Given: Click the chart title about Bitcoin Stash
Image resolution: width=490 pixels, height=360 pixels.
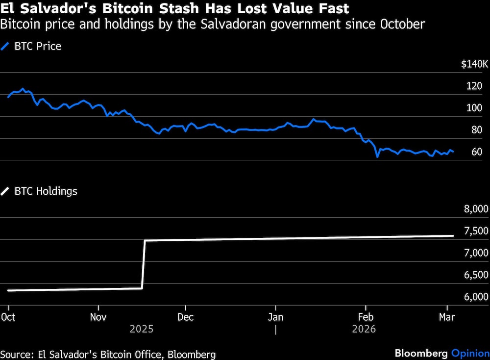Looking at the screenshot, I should click(175, 8).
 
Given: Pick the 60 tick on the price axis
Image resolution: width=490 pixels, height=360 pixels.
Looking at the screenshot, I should click(476, 152).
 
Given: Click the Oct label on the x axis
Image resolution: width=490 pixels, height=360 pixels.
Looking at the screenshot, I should click(8, 317).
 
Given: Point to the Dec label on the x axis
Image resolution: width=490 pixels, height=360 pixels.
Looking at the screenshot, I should click(186, 317).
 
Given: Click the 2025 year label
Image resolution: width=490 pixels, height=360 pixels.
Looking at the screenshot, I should click(142, 329).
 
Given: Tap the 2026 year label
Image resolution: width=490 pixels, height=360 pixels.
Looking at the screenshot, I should click(364, 329).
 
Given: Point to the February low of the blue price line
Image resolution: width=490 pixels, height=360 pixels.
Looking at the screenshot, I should click(377, 156).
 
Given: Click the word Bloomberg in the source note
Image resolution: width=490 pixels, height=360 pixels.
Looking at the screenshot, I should click(192, 354).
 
